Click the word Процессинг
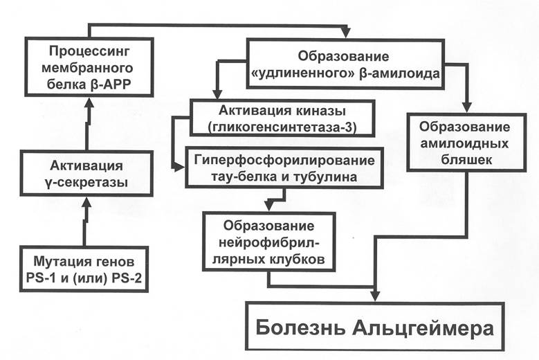tap(90, 52)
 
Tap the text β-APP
tap(111, 84)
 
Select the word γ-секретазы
tap(86, 182)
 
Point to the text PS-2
tap(127, 278)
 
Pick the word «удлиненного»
tap(303, 73)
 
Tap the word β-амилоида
tap(399, 73)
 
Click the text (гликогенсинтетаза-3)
tap(282, 127)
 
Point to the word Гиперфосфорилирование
tap(284, 161)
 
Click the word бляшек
tap(466, 160)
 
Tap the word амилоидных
tap(464, 143)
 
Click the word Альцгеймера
tap(423, 328)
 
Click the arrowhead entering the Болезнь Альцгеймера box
tap(376, 296)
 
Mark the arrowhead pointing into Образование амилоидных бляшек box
tap(466, 107)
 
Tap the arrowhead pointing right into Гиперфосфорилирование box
tap(179, 167)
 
